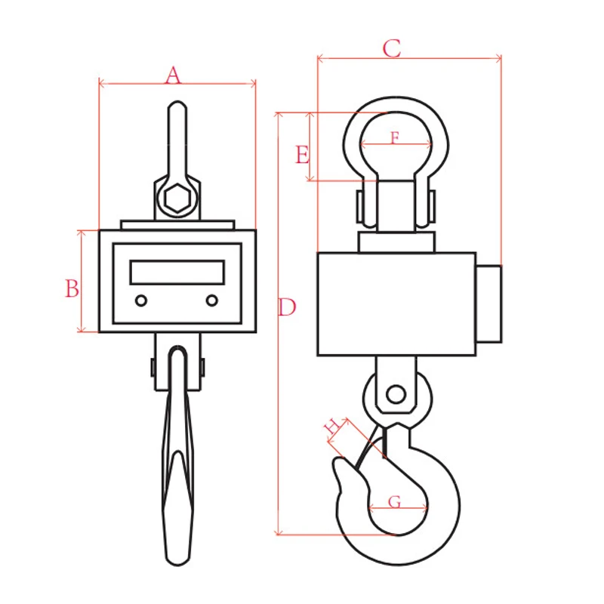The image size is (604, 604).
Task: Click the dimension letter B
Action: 72,288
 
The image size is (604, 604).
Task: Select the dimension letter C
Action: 391,48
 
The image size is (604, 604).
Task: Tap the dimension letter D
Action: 287,307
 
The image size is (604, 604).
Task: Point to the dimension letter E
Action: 303,155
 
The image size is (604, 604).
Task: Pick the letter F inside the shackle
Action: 395,137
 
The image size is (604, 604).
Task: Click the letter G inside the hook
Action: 394,502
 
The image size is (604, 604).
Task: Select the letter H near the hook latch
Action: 332,426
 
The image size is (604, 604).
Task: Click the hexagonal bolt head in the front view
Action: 177,199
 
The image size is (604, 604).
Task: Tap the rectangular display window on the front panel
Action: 177,273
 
